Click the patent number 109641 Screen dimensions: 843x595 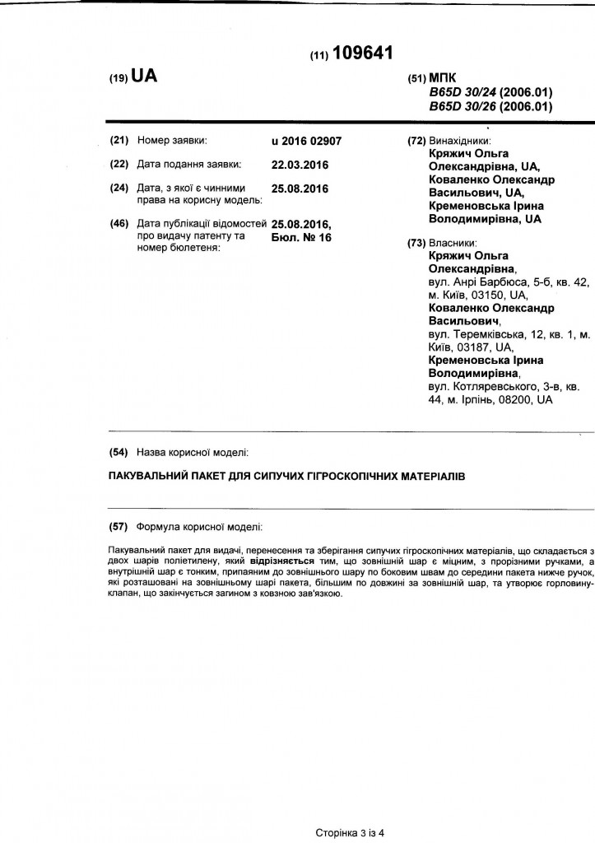click(x=364, y=54)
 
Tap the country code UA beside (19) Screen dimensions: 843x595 click(x=143, y=77)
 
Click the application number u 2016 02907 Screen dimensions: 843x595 click(x=306, y=141)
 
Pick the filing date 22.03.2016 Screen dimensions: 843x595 click(x=300, y=164)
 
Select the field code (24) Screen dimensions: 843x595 click(x=120, y=188)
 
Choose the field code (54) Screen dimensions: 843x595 click(x=120, y=452)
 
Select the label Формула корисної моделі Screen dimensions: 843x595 click(x=200, y=526)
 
